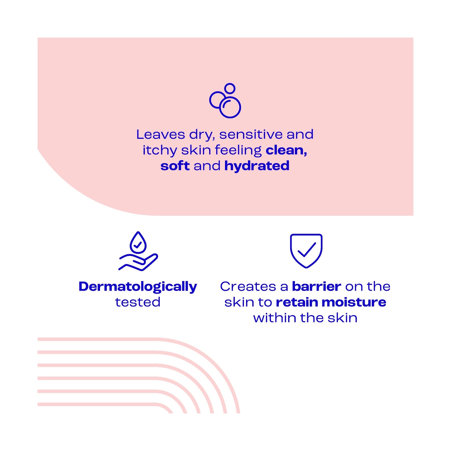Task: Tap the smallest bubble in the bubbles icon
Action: [230, 88]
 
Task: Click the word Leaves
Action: [161, 134]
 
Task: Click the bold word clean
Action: [286, 150]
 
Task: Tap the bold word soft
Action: [175, 166]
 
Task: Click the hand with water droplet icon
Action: [138, 251]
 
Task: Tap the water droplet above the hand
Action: [138, 242]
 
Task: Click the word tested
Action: [138, 302]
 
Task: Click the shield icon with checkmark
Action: [306, 251]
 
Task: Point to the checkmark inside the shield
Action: [306, 250]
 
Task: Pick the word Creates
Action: [248, 286]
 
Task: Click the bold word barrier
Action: [316, 286]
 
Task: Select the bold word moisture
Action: [354, 302]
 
